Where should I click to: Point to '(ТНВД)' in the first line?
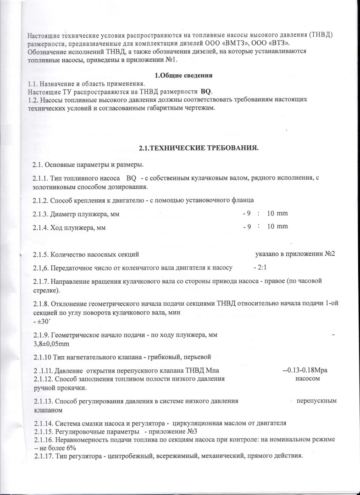click(x=321, y=35)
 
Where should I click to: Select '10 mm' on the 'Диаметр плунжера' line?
click(x=277, y=214)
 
